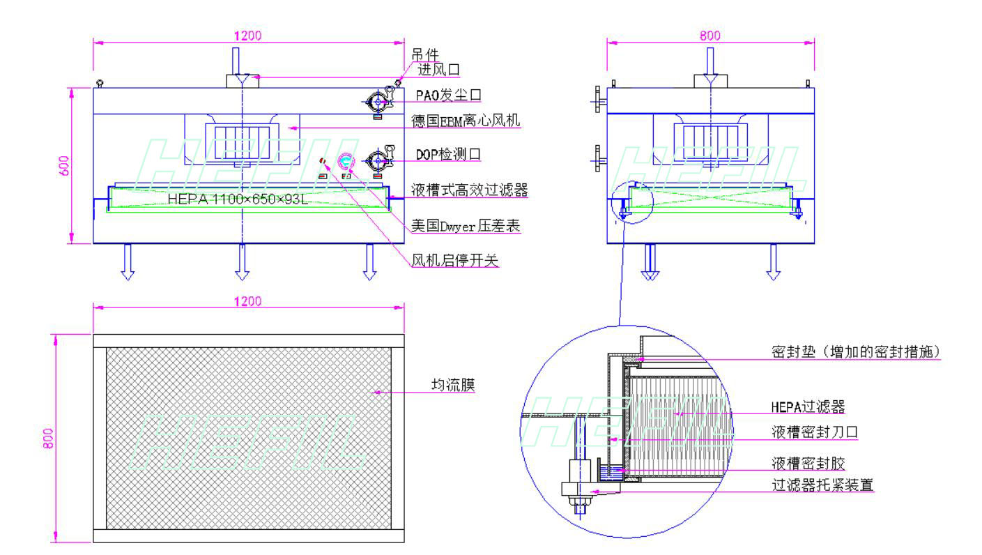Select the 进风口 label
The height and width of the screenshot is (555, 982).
pos(438,69)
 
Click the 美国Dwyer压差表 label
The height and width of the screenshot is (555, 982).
pos(466,226)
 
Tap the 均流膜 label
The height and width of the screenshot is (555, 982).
pos(453,385)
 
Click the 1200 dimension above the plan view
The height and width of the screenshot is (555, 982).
pos(248,301)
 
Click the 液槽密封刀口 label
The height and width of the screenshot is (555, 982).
pos(814,432)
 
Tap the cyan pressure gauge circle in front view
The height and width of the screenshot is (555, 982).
pos(346,162)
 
